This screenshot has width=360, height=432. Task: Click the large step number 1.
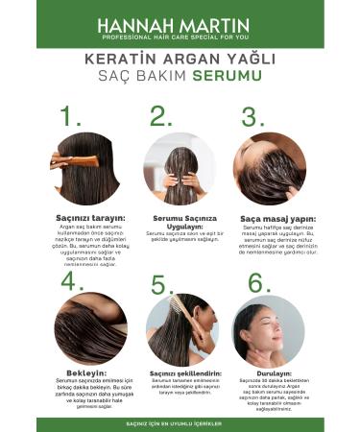(71, 116)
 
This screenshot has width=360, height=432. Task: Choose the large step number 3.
(253, 116)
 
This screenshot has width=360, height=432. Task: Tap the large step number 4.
(72, 281)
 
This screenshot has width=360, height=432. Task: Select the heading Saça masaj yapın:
(269, 218)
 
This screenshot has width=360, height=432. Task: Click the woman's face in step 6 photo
(252, 330)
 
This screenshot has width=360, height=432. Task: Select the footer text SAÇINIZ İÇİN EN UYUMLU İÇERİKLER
(180, 422)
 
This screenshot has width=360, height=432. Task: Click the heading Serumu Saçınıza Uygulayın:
(180, 222)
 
